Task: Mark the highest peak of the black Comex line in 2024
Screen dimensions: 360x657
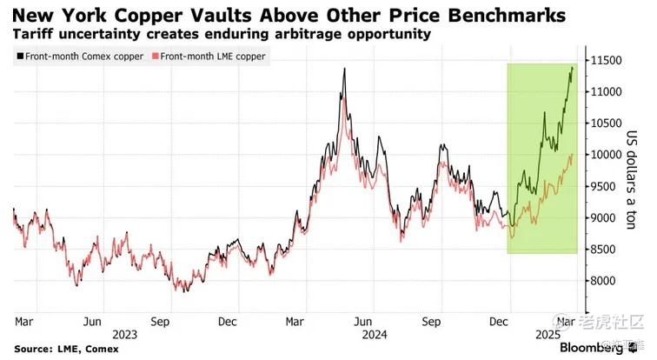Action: tap(345, 68)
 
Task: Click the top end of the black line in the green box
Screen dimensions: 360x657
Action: tap(573, 66)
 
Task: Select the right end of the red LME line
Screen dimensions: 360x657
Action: tap(573, 155)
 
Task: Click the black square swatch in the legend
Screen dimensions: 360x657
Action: tap(19, 57)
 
